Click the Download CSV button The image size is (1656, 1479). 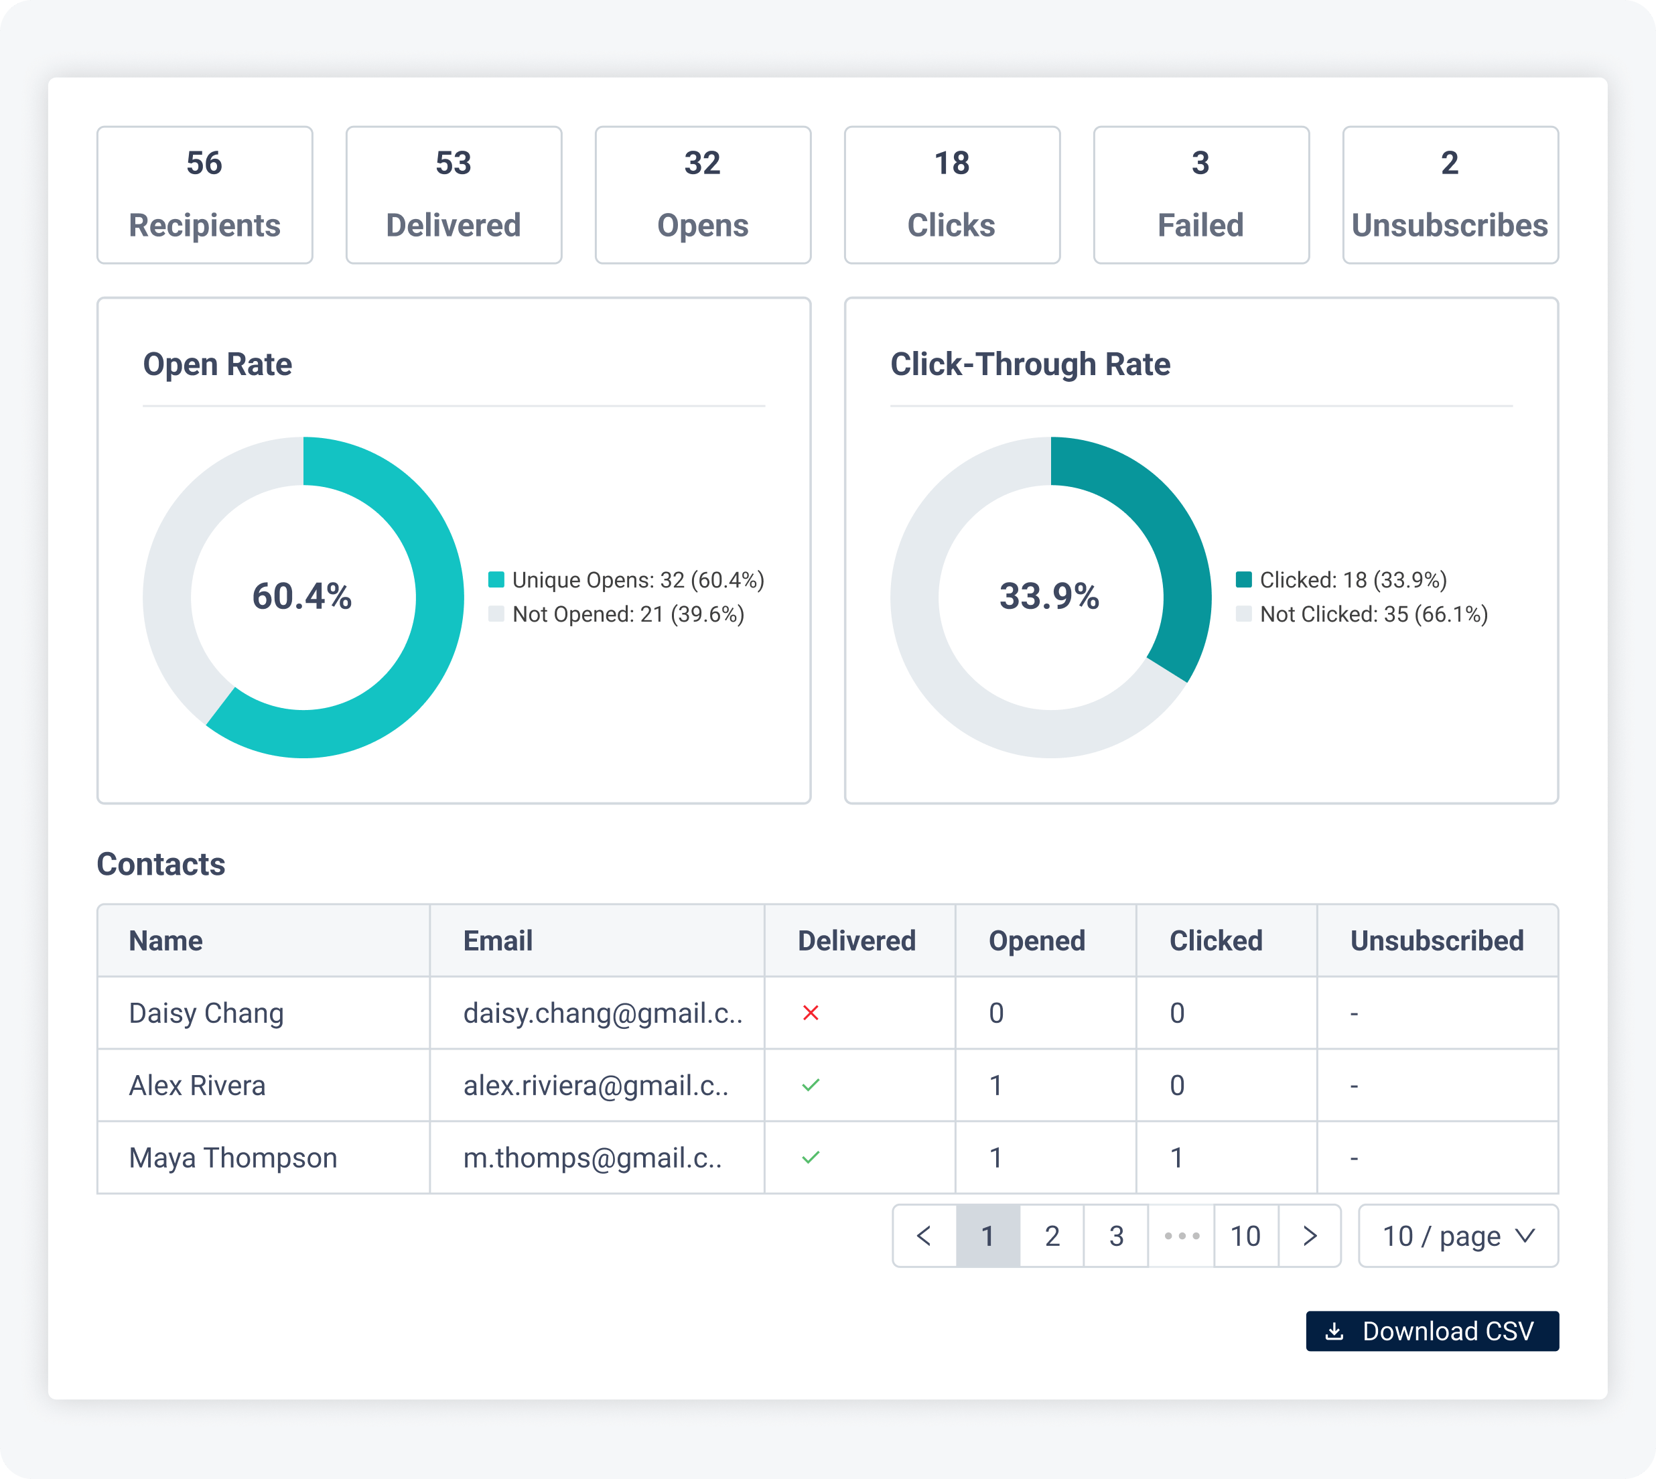pyautogui.click(x=1432, y=1331)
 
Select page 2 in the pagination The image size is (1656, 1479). pyautogui.click(x=1052, y=1236)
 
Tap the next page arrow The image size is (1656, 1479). pyautogui.click(x=1309, y=1236)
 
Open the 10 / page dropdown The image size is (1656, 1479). pyautogui.click(x=1458, y=1236)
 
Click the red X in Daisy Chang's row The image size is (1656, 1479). pyautogui.click(x=810, y=1013)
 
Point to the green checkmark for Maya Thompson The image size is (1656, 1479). pyautogui.click(x=810, y=1157)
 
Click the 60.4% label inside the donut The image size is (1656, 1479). pyautogui.click(x=302, y=596)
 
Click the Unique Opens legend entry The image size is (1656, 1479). pyautogui.click(x=626, y=580)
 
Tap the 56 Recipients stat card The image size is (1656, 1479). pyautogui.click(x=205, y=195)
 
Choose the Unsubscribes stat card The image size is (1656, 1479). pyautogui.click(x=1450, y=195)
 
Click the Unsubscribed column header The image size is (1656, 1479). pyautogui.click(x=1437, y=941)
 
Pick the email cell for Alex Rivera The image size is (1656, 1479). pyautogui.click(x=596, y=1086)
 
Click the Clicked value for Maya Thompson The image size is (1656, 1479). pyautogui.click(x=1176, y=1158)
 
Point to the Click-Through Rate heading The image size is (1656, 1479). pyautogui.click(x=1030, y=364)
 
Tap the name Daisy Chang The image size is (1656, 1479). pyautogui.click(x=206, y=1013)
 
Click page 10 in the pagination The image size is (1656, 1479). pyautogui.click(x=1245, y=1236)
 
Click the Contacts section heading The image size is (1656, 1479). pyautogui.click(x=161, y=864)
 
